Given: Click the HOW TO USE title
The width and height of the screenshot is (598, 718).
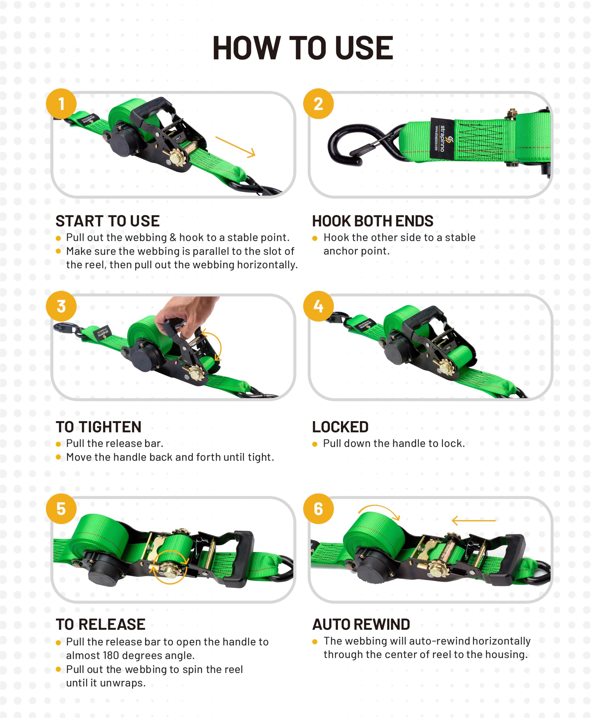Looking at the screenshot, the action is tap(303, 48).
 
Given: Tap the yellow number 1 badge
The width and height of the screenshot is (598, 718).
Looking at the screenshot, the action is tap(61, 103).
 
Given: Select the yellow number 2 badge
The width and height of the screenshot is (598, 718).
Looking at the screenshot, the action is tap(318, 103).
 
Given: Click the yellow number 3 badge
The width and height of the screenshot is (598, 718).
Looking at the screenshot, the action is tap(61, 306).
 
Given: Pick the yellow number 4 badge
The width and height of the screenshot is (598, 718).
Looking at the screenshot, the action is tap(318, 306).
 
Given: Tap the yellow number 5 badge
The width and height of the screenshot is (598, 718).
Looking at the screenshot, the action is tap(61, 508).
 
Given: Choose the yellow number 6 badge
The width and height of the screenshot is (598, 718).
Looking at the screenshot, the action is tap(318, 508).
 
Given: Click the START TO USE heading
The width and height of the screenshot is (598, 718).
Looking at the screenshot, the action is tap(108, 221).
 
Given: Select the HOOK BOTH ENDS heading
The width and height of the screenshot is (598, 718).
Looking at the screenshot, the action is tap(373, 221).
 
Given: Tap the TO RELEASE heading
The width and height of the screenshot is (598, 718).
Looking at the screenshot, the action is tap(100, 624).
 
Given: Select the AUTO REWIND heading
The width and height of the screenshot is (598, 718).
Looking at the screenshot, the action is tap(361, 624).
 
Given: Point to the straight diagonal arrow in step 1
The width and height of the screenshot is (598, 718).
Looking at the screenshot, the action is tap(235, 147).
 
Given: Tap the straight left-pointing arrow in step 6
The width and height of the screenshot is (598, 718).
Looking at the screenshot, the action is tap(474, 520).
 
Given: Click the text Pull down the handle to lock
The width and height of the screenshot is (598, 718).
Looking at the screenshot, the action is tap(394, 443).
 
